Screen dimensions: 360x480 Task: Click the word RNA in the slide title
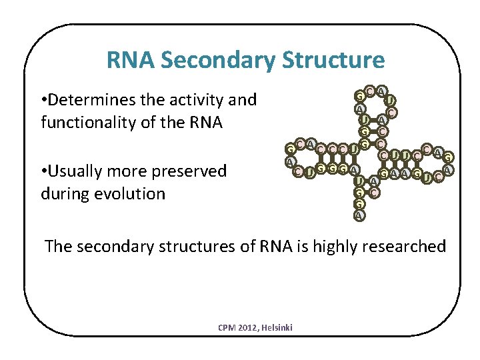click(131, 61)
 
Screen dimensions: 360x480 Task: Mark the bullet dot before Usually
click(43, 171)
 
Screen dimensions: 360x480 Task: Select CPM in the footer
click(227, 327)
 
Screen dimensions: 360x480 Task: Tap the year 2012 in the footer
click(249, 327)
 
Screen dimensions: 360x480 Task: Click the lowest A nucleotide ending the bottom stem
click(359, 215)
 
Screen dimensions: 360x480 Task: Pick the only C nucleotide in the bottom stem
click(375, 193)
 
